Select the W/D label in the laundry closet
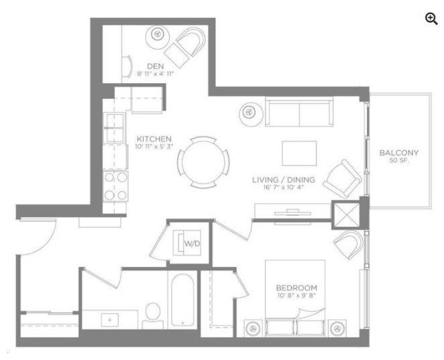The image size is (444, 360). tap(192, 243)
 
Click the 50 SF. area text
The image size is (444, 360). tap(398, 162)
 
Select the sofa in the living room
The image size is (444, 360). tap(298, 111)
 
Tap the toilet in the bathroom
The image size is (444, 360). tap(154, 315)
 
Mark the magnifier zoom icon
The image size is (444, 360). tap(431, 19)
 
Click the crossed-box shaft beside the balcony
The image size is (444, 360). tap(346, 216)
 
